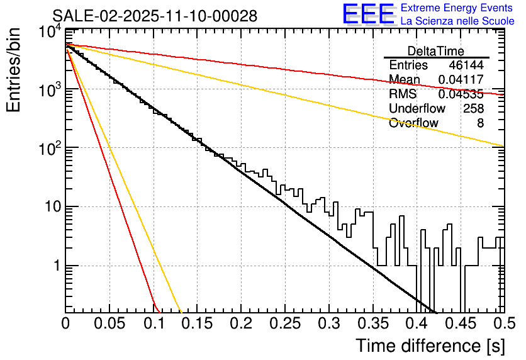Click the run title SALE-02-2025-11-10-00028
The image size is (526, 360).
pyautogui.click(x=155, y=16)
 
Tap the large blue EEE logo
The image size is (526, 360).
pyautogui.click(x=369, y=14)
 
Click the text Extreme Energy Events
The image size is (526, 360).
pyautogui.click(x=457, y=8)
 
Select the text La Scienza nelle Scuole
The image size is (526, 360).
pyautogui.click(x=457, y=21)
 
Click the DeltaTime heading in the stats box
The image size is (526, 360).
pyautogui.click(x=436, y=51)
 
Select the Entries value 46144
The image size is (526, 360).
pyautogui.click(x=466, y=65)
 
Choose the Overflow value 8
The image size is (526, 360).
pyautogui.click(x=480, y=123)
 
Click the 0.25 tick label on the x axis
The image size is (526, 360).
pyautogui.click(x=284, y=324)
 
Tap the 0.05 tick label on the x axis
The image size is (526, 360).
pyautogui.click(x=109, y=324)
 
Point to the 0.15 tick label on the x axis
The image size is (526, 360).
pyautogui.click(x=197, y=324)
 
